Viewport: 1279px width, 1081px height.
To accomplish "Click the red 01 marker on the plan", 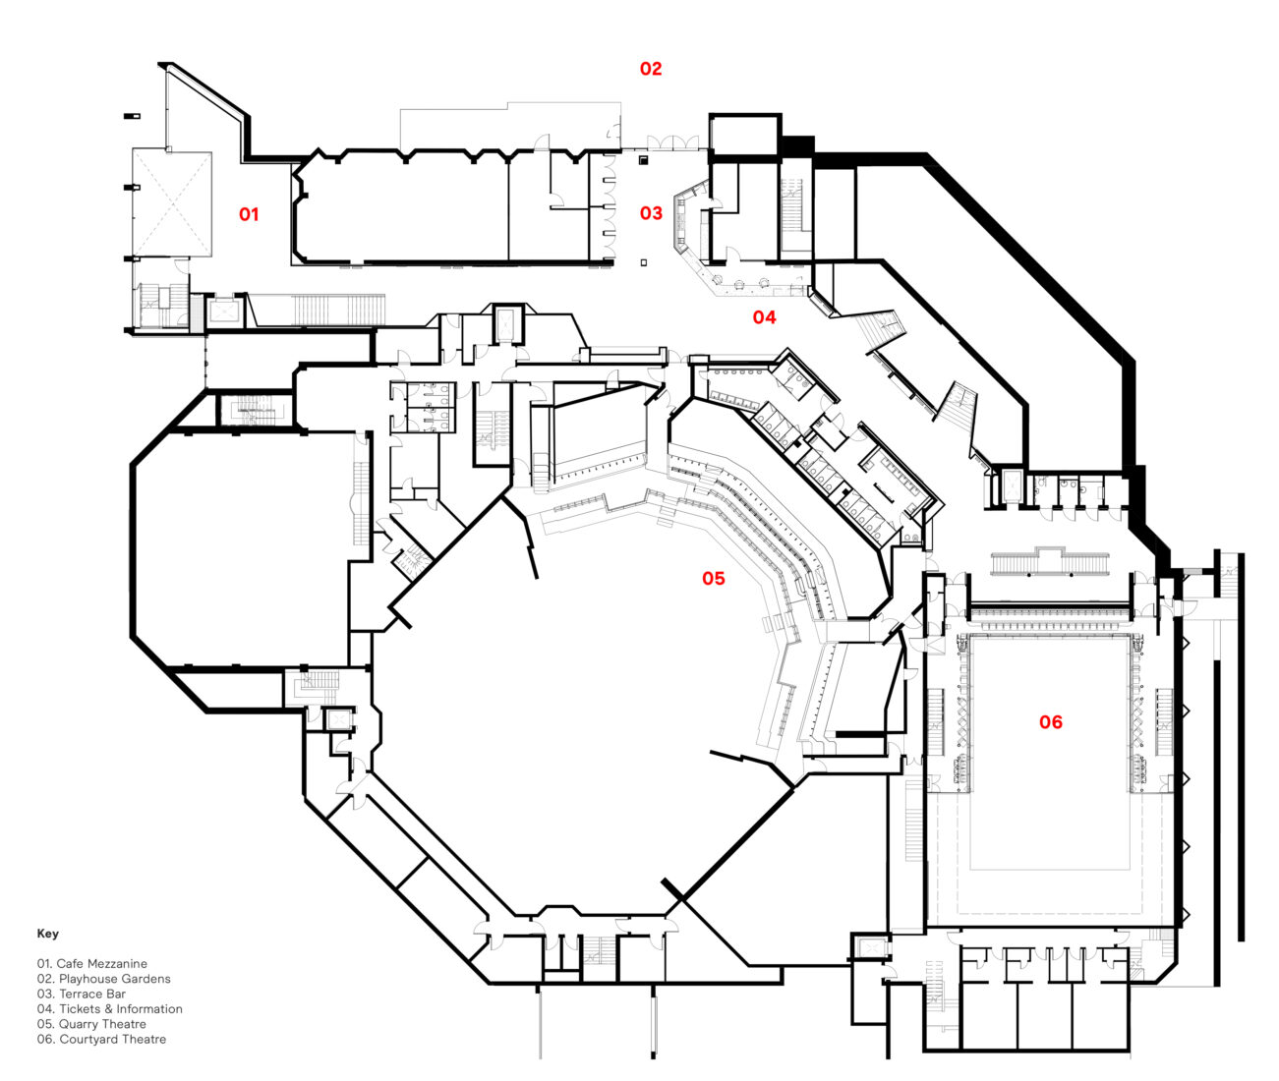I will click(x=249, y=213).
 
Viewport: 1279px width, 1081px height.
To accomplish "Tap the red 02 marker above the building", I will click(x=651, y=69).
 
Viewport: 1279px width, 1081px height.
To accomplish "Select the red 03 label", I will click(x=652, y=212).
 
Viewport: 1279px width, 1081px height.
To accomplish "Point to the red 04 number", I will click(x=764, y=316).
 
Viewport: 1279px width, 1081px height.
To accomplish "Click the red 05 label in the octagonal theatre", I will click(x=713, y=578).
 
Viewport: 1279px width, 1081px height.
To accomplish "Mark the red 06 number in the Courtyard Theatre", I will click(x=1051, y=722).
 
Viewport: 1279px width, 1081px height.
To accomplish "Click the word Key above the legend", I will click(x=48, y=934).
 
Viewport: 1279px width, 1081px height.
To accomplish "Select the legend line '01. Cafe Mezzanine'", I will click(x=92, y=964).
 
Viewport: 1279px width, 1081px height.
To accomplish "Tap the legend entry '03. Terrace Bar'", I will click(x=82, y=994).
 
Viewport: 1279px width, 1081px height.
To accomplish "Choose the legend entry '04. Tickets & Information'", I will click(x=110, y=1008).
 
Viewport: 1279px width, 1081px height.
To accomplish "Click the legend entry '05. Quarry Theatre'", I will click(x=91, y=1024).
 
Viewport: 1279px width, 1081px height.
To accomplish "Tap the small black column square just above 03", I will click(x=643, y=158).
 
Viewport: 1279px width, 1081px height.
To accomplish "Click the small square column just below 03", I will click(x=643, y=261).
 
